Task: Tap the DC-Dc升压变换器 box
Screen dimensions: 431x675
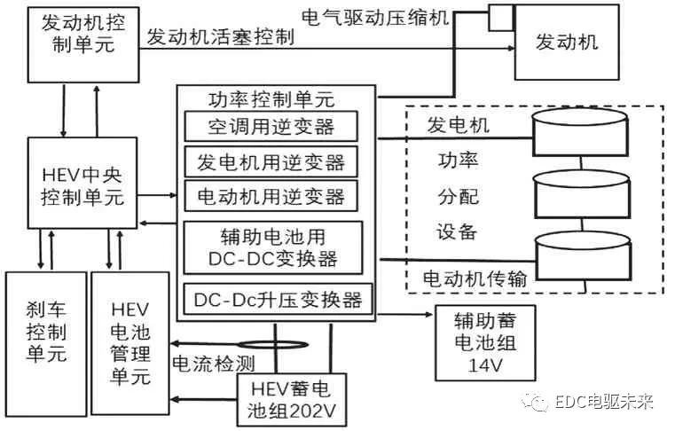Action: pos(276,299)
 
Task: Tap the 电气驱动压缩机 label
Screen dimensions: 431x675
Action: pos(375,16)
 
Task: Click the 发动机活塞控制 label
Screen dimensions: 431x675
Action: pos(219,37)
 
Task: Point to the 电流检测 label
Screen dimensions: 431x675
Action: pos(202,363)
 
